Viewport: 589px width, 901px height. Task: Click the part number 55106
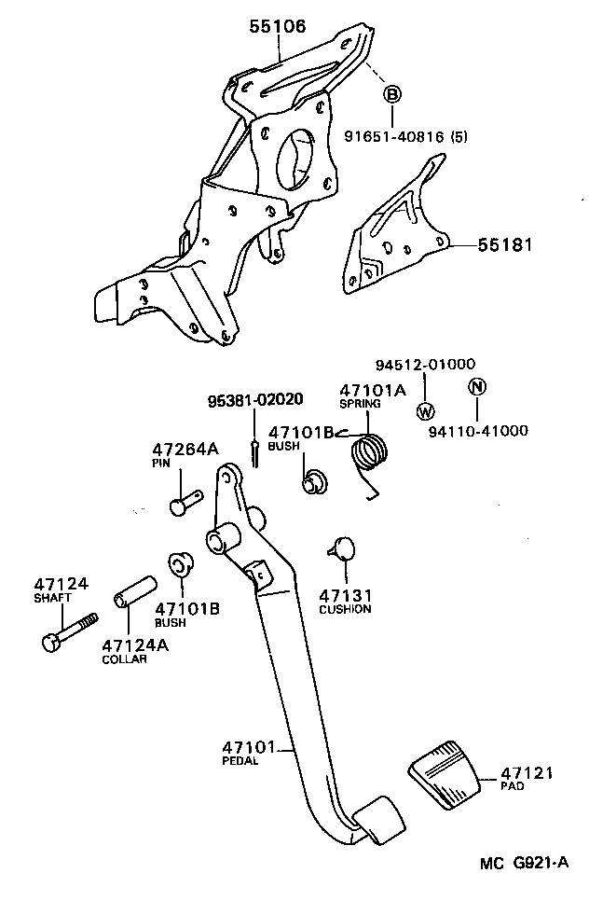[x=277, y=27]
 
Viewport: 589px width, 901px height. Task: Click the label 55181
[x=505, y=245]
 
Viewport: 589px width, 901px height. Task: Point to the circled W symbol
[x=425, y=410]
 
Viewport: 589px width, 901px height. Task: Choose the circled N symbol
[x=476, y=387]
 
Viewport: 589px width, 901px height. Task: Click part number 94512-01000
[x=425, y=365]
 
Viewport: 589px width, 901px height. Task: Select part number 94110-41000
[x=478, y=431]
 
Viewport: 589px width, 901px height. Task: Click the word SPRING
[x=360, y=405]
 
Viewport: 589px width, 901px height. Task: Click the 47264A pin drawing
[x=185, y=500]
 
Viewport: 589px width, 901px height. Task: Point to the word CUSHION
[x=345, y=609]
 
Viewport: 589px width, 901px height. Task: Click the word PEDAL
[x=240, y=760]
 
